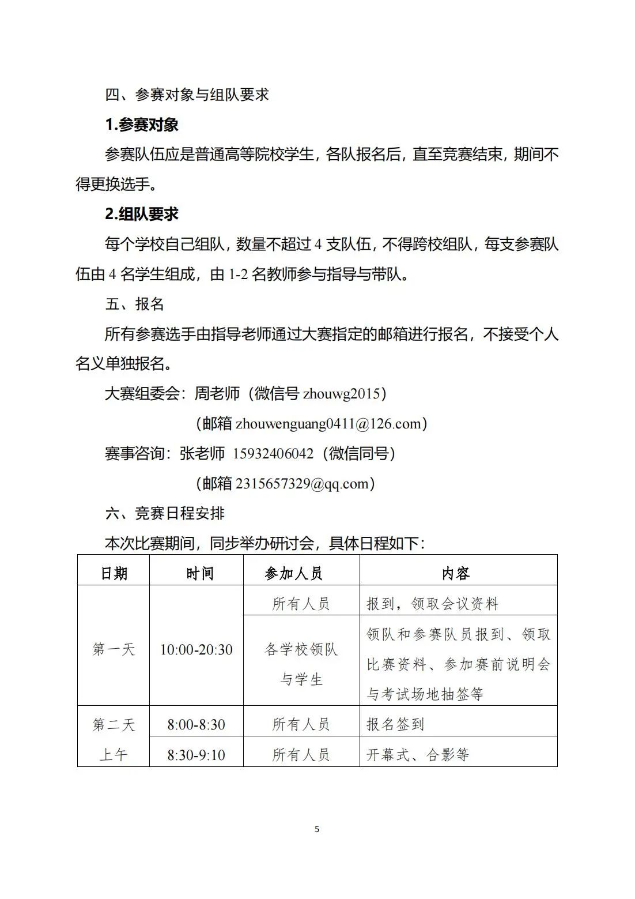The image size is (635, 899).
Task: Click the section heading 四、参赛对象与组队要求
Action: [x=187, y=95]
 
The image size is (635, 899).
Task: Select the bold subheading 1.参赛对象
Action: [x=142, y=125]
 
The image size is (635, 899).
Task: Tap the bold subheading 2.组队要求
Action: [x=142, y=214]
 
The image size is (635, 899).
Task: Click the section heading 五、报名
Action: [x=135, y=304]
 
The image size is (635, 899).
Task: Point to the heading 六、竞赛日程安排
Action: [x=165, y=513]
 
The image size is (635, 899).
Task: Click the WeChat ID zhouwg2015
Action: [x=342, y=394]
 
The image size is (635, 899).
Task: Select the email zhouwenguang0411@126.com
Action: [x=328, y=424]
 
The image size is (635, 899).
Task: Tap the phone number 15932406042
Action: [x=273, y=454]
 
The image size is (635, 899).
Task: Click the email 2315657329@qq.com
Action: [x=302, y=484]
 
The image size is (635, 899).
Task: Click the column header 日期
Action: [x=114, y=573]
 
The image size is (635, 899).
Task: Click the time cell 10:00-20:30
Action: [x=196, y=650]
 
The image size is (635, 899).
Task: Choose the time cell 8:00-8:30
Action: [x=196, y=725]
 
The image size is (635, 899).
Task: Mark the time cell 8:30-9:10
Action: [x=196, y=755]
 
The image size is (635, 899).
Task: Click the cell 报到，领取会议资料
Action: [x=432, y=604]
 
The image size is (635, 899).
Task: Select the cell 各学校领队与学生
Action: [x=301, y=664]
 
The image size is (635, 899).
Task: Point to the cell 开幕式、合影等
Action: [x=418, y=755]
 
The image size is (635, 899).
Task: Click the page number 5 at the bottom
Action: [x=317, y=829]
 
